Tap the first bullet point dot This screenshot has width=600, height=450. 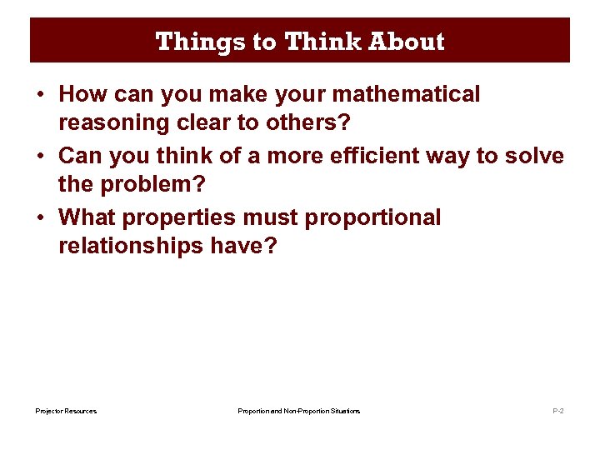40,95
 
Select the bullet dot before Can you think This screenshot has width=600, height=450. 40,157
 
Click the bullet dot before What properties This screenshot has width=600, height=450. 40,218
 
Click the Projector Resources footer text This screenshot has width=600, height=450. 66,411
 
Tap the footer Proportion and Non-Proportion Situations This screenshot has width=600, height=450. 299,411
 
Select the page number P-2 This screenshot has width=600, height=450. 558,411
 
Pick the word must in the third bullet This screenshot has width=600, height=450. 272,217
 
